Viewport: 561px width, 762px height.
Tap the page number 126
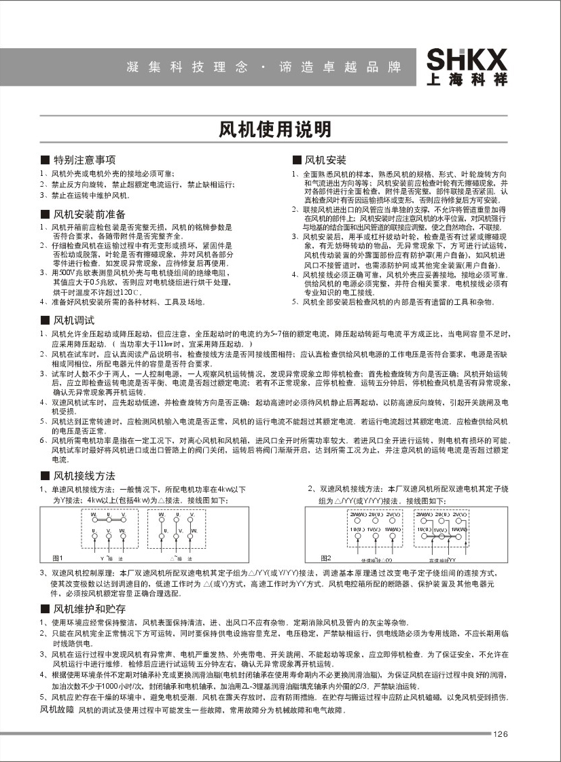(501, 733)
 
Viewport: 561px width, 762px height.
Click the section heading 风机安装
(325, 160)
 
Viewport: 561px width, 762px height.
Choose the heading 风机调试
(74, 319)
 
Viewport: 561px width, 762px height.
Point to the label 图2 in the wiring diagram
(326, 558)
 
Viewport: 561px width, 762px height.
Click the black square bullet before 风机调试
(45, 320)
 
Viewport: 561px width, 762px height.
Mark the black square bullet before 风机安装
(296, 161)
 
